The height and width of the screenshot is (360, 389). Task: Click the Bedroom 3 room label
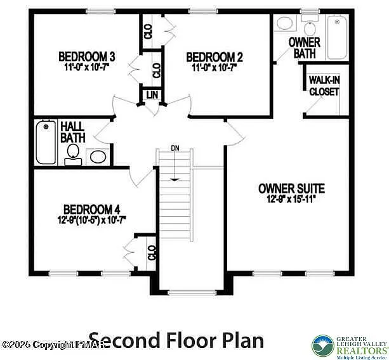(x=86, y=55)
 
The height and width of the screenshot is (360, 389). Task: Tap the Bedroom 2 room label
(x=214, y=56)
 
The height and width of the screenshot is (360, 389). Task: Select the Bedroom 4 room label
(x=91, y=209)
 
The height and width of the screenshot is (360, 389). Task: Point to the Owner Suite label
(x=291, y=188)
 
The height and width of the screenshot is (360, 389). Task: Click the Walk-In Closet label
(x=324, y=86)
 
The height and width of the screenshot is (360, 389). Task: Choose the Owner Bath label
(x=304, y=48)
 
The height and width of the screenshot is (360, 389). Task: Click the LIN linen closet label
(x=152, y=95)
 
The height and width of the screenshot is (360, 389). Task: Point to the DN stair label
(x=175, y=148)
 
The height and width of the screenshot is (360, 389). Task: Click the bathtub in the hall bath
(x=45, y=141)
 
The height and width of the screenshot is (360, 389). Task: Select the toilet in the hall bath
(x=74, y=153)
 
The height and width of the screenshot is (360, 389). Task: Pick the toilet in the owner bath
(x=310, y=28)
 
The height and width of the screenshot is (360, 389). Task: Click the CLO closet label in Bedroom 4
(x=151, y=252)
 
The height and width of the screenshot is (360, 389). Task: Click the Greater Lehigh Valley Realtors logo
(x=348, y=345)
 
